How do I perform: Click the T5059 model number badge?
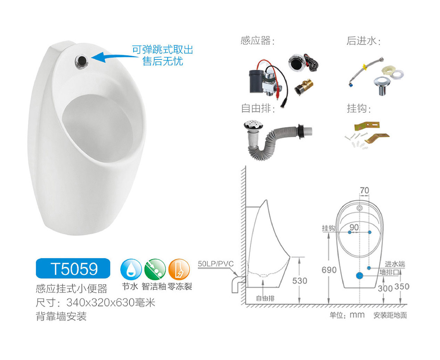[x=73, y=268]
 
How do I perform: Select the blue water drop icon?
[x=131, y=269]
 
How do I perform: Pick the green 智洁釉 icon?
[x=155, y=269]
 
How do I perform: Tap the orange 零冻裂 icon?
[x=179, y=269]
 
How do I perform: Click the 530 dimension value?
[x=300, y=281]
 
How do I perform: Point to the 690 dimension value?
[x=329, y=270]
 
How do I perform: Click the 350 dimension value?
[x=402, y=287]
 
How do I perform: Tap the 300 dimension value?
[x=385, y=288]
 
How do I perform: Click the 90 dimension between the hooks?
[x=354, y=227]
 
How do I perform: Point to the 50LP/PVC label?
[x=216, y=264]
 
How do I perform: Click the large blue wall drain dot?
[x=359, y=276]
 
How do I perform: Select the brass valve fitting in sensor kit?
[x=303, y=87]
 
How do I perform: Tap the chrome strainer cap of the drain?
[x=253, y=125]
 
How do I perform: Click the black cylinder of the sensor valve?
[x=256, y=81]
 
